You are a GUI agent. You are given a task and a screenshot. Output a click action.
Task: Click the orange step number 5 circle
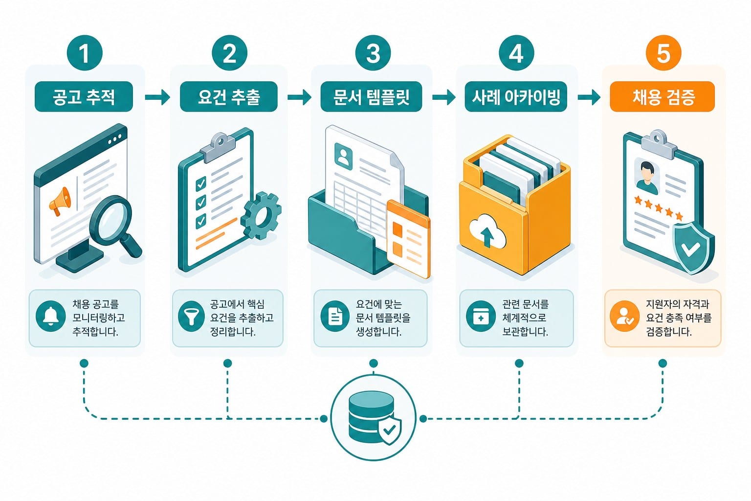[x=663, y=53]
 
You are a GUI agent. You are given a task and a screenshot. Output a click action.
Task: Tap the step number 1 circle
[x=85, y=53]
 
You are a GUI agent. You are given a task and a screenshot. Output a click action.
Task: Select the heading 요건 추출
[x=229, y=97]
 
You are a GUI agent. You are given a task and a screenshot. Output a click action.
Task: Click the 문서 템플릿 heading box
[x=371, y=97]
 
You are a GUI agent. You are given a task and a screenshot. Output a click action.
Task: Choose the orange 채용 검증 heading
[x=662, y=97]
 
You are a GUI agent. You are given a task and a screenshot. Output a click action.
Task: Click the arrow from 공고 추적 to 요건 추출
[x=157, y=97]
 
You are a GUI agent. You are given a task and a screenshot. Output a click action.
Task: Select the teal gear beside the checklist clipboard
[x=261, y=215]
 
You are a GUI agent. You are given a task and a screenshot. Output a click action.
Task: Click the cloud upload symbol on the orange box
[x=487, y=230]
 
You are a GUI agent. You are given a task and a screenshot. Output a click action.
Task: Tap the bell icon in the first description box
[x=51, y=316]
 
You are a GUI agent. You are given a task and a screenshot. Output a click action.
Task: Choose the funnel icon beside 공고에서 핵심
[x=191, y=316]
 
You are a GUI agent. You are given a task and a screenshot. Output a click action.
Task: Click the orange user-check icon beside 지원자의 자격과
[x=624, y=316]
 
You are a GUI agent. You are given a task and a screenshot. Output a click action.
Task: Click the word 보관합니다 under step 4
[x=525, y=332]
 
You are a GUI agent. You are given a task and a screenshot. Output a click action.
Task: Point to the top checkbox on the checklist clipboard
[x=201, y=183]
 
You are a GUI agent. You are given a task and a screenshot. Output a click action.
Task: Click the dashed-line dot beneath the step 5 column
[x=663, y=363]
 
